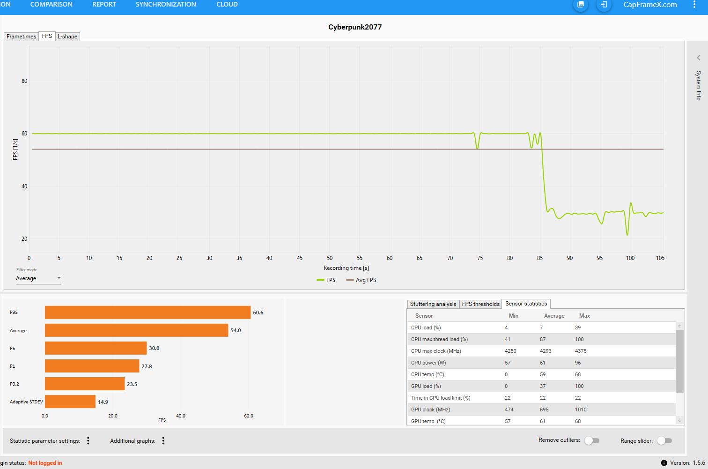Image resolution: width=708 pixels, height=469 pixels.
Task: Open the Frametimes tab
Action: pos(21,37)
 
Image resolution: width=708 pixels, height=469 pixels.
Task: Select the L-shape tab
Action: pos(67,37)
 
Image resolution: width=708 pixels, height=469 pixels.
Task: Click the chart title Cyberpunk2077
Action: pos(355,27)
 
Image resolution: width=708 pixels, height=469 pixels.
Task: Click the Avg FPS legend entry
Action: pos(361,280)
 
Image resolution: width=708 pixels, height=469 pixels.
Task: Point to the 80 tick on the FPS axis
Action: pos(24,81)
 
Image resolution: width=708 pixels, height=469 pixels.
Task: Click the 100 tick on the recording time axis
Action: pos(630,258)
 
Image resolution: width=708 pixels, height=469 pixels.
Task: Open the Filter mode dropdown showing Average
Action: pos(38,278)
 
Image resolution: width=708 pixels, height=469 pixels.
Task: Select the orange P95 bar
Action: pos(147,313)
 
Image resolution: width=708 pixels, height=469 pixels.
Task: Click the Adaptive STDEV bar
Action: pos(70,402)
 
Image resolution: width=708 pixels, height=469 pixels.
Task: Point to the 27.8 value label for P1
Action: pos(147,366)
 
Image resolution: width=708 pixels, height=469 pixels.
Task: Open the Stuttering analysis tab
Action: pos(433,304)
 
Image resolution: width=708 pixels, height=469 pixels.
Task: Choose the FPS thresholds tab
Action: pos(481,304)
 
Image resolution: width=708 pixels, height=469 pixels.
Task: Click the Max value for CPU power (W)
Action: pos(578,363)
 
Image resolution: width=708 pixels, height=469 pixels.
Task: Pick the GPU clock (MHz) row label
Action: pos(430,409)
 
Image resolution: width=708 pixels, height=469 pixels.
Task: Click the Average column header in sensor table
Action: pos(554,316)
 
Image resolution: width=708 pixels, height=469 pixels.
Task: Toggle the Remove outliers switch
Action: pos(592,440)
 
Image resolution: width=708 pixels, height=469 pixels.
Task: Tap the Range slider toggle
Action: pos(664,440)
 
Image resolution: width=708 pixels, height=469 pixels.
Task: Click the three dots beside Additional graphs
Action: pos(163,440)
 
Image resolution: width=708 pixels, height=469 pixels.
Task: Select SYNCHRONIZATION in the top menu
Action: pos(166,5)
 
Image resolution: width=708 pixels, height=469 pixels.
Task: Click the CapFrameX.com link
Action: pos(650,5)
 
